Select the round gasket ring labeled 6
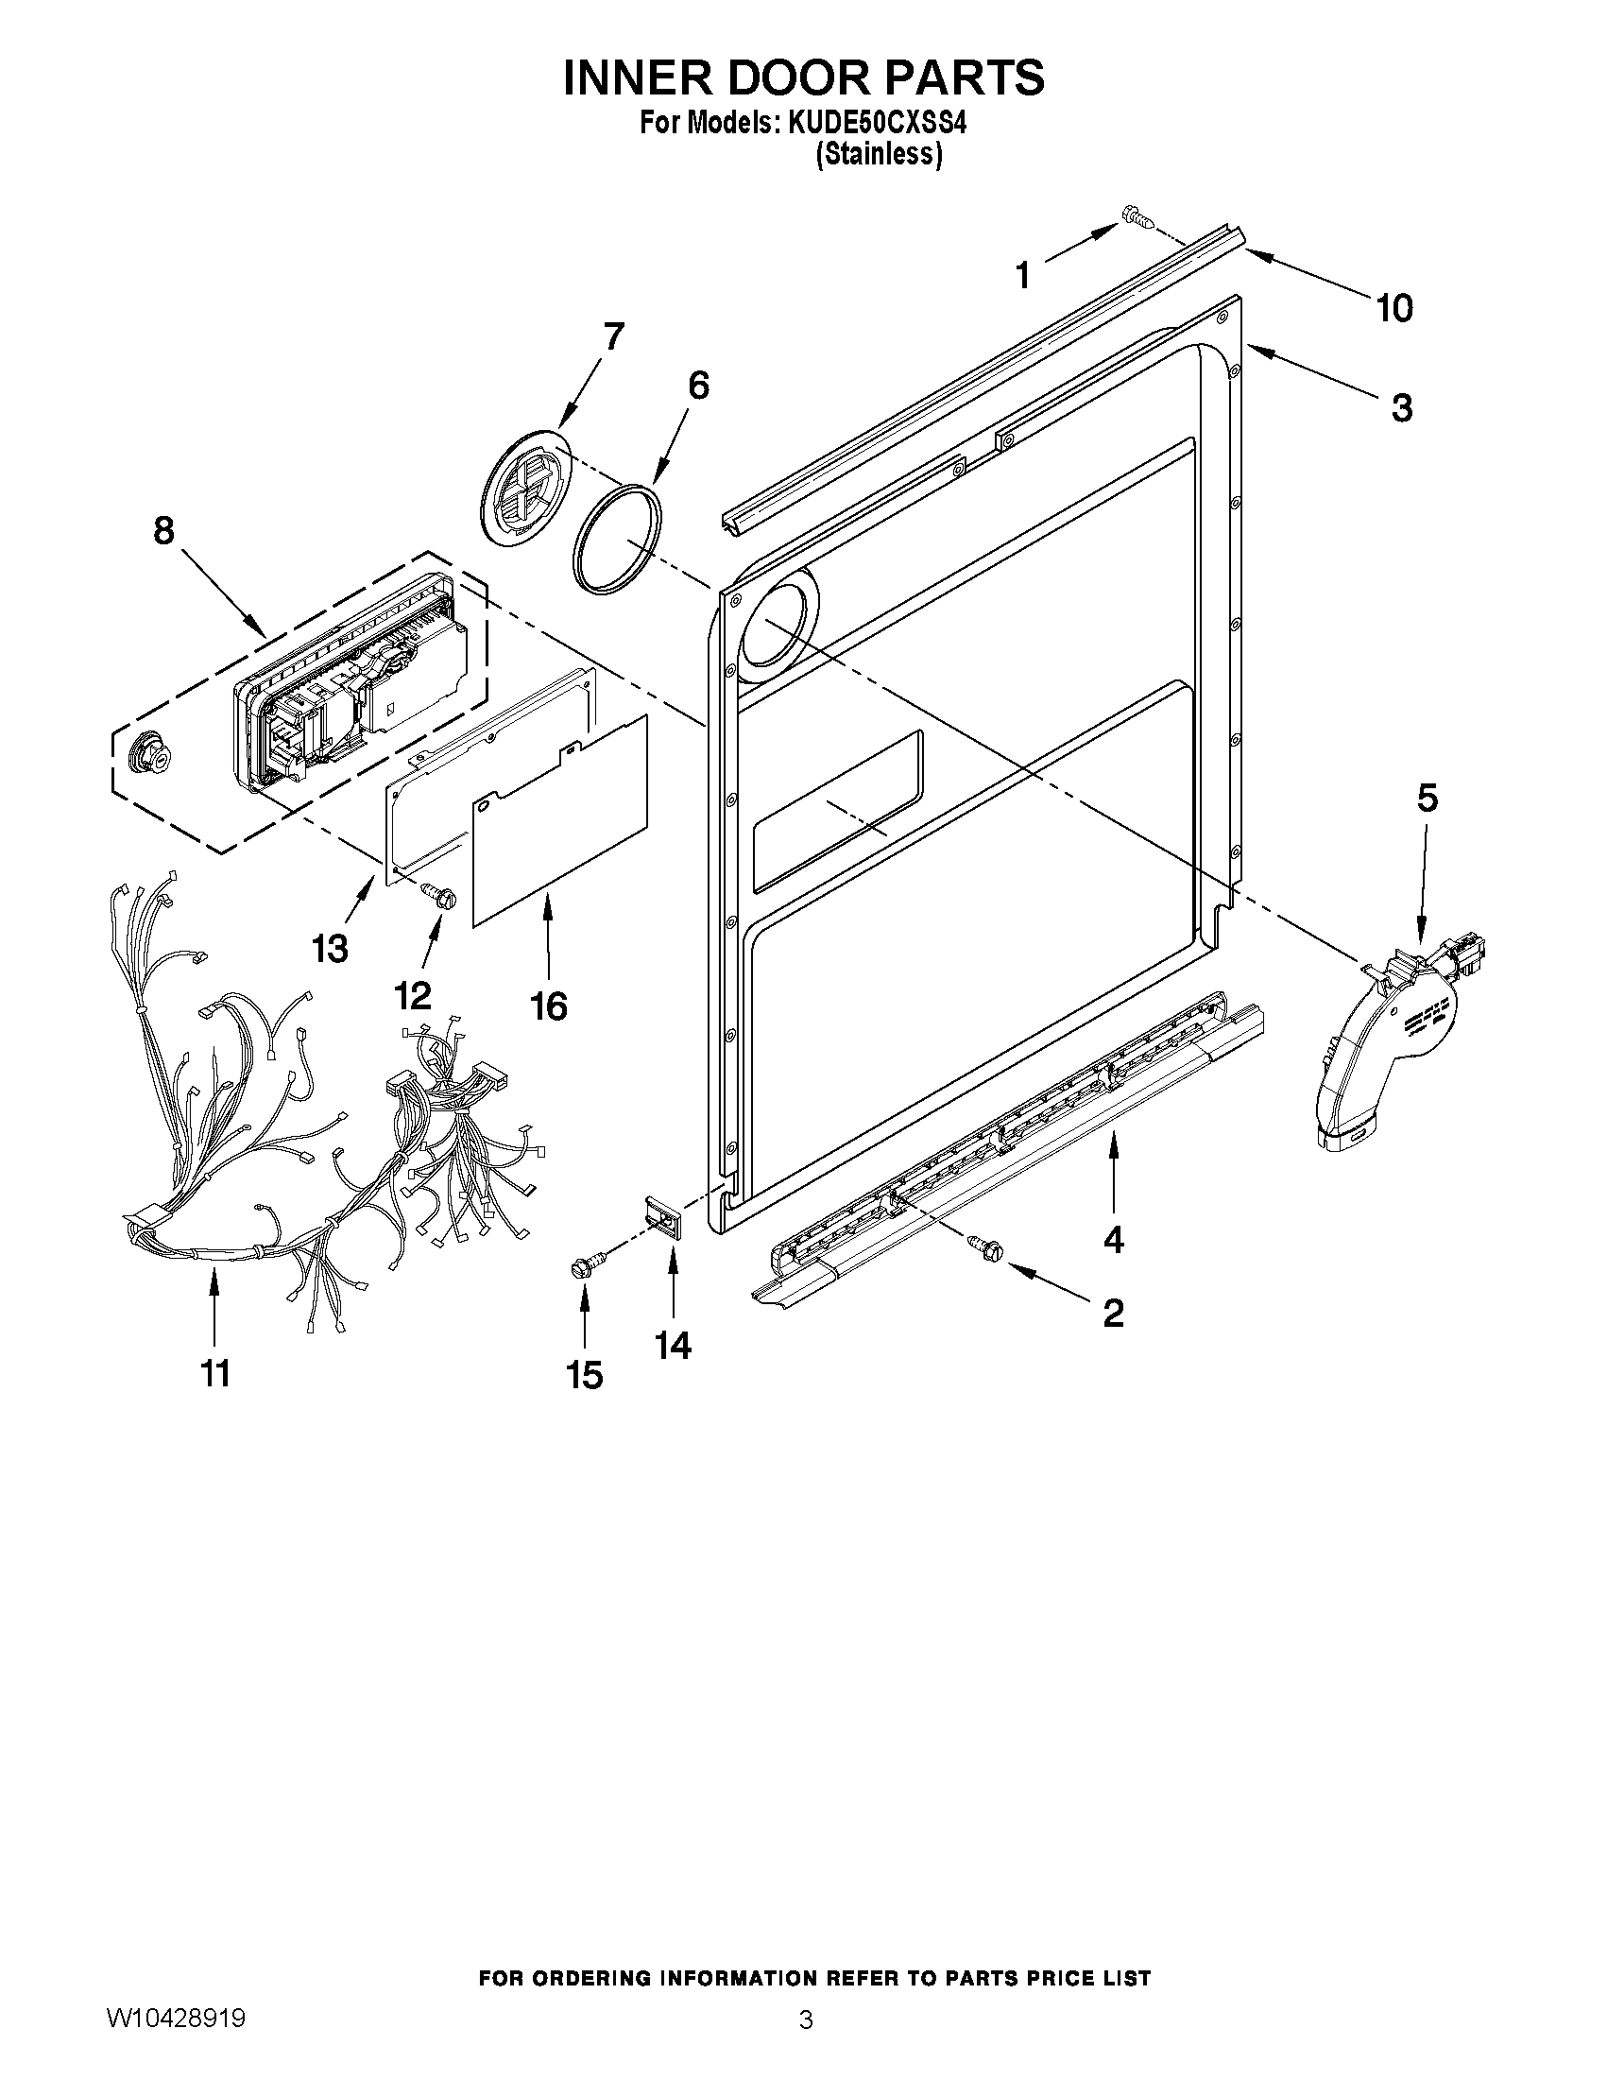(617, 539)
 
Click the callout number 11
(215, 1372)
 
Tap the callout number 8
(163, 530)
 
